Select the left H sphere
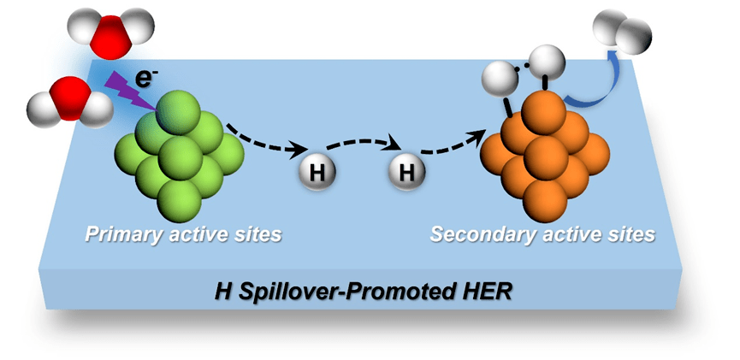[x=317, y=173]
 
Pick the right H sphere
[x=407, y=173]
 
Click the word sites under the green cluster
[x=257, y=233]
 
